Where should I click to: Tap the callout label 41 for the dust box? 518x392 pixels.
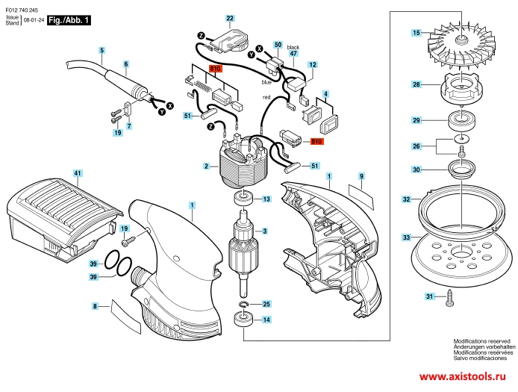tap(77, 173)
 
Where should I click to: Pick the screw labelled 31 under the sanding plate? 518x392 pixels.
tap(452, 300)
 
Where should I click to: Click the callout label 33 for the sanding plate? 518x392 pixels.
tap(406, 237)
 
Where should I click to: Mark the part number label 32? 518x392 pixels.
tap(406, 199)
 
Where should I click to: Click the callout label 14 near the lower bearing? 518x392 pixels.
tap(266, 320)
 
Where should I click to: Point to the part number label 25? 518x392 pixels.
tap(266, 304)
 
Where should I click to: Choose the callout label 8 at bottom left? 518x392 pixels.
tap(96, 306)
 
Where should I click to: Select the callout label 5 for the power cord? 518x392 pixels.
tap(102, 50)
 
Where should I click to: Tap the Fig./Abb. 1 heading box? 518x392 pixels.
tap(69, 21)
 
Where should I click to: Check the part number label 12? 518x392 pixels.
tap(312, 66)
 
